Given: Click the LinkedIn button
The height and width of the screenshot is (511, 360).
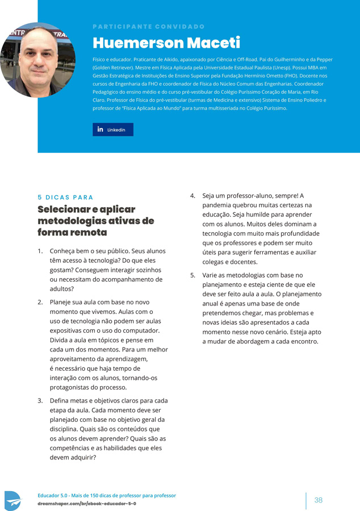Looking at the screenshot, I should click(113, 129).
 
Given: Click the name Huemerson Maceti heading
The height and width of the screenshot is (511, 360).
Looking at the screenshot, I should click(166, 43).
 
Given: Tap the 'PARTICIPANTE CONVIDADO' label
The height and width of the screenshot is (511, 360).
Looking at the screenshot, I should click(148, 27).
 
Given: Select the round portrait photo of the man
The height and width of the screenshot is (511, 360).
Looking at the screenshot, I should click(37, 60).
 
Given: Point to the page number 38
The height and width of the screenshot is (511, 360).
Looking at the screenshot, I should click(318, 500).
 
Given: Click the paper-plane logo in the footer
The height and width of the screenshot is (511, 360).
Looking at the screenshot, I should click(12, 501).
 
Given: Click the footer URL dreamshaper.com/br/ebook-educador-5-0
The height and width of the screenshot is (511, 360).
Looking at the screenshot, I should click(87, 504).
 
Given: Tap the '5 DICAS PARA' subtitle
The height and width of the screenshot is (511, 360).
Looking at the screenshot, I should click(65, 198).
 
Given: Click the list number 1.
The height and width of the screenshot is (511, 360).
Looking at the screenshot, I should click(40, 251).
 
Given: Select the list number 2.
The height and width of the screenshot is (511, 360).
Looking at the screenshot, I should click(40, 302).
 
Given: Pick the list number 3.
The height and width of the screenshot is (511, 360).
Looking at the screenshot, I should click(40, 401).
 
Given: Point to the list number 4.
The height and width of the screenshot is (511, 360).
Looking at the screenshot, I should click(193, 196).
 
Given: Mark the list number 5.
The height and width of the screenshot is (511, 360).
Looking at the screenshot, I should click(193, 275).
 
